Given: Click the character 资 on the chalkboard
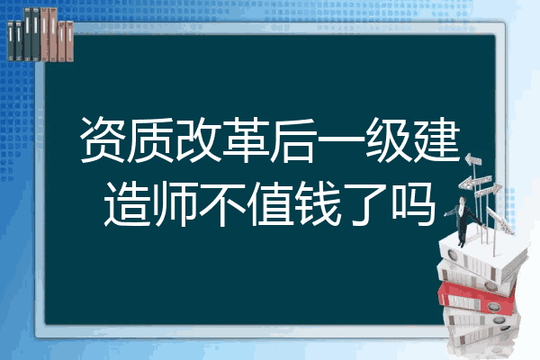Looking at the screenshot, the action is [x=103, y=139].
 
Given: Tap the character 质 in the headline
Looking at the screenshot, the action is [x=150, y=139].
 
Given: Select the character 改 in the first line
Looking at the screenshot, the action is [x=198, y=139].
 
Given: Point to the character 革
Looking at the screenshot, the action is [x=246, y=139].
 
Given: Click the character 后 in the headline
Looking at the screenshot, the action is [x=293, y=139].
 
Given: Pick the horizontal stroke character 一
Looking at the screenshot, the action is [x=340, y=139].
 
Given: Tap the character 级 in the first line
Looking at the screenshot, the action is [x=388, y=139].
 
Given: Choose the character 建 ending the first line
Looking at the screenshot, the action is [x=436, y=139].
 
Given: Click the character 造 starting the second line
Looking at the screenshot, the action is [x=128, y=203].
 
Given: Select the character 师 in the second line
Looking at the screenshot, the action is [x=175, y=203].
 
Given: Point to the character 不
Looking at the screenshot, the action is [x=222, y=203].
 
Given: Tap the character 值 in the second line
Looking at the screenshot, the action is [x=270, y=203].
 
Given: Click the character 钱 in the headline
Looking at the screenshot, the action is [x=318, y=203].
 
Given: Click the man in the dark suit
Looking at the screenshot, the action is [x=463, y=220].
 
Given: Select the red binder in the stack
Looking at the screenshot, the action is [x=477, y=297].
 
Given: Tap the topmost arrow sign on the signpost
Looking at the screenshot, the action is [x=473, y=160].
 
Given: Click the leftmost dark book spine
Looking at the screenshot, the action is [x=11, y=40].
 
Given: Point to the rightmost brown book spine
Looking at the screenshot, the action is [x=69, y=41].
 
